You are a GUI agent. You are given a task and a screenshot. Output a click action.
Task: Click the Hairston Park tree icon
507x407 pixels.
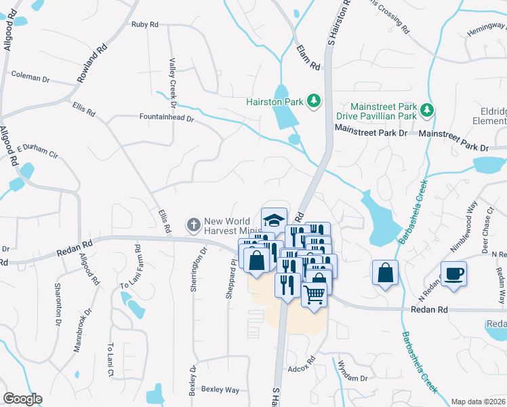pyautogui.click(x=313, y=102)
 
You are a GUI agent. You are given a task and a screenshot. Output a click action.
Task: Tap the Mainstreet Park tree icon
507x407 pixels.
pyautogui.click(x=426, y=109)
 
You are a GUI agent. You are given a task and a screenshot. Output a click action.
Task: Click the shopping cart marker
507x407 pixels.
pyautogui.click(x=314, y=294)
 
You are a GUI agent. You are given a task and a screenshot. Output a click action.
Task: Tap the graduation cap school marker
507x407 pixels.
pyautogui.click(x=274, y=220)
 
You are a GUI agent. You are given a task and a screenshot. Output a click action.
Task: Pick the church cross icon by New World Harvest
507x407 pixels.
pyautogui.click(x=193, y=223)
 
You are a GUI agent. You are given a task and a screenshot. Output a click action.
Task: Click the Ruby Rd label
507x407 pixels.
pyautogui.click(x=145, y=24)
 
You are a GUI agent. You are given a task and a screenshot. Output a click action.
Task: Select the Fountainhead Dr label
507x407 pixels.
pyautogui.click(x=167, y=117)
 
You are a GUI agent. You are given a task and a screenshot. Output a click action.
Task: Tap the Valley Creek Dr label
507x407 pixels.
pyautogui.click(x=172, y=82)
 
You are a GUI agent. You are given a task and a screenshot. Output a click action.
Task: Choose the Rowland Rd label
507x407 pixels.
pyautogui.click(x=92, y=64)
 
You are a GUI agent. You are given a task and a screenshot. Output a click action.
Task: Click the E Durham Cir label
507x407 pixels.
pyautogui.click(x=38, y=151)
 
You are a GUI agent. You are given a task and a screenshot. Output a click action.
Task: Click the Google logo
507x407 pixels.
pyautogui.click(x=22, y=399)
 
